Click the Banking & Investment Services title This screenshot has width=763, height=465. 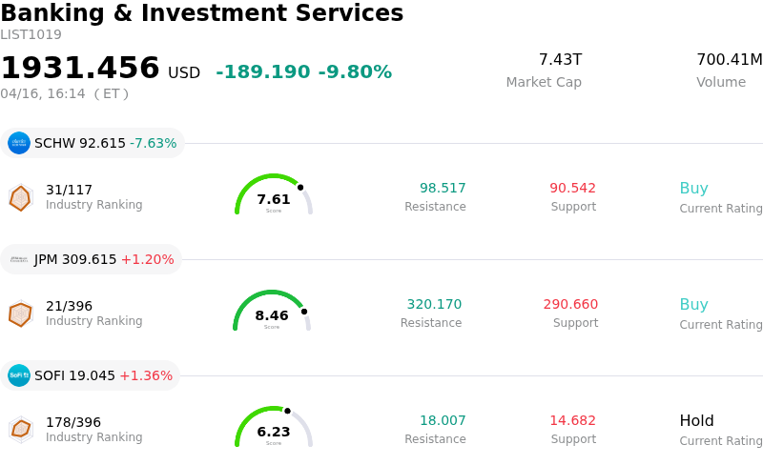pyautogui.click(x=202, y=13)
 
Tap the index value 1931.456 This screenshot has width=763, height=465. pyautogui.click(x=80, y=69)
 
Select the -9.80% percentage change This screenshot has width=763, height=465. pyautogui.click(x=355, y=72)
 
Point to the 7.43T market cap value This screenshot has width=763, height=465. pyautogui.click(x=560, y=60)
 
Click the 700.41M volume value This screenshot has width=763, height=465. pyautogui.click(x=729, y=60)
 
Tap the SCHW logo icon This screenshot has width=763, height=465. pyautogui.click(x=19, y=143)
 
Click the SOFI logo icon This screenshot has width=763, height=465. pyautogui.click(x=19, y=375)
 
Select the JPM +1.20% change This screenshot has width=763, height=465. pyautogui.click(x=148, y=259)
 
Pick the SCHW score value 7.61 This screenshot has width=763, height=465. pyautogui.click(x=274, y=199)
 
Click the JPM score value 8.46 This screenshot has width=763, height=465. pyautogui.click(x=272, y=315)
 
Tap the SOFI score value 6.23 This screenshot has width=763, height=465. pyautogui.click(x=274, y=432)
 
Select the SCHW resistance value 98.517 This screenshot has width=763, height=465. pyautogui.click(x=443, y=189)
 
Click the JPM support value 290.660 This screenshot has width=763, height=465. pyautogui.click(x=570, y=305)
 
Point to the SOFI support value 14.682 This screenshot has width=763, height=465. pyautogui.click(x=572, y=421)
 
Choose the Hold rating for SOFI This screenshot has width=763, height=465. pyautogui.click(x=696, y=421)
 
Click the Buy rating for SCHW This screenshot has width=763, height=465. pyautogui.click(x=693, y=189)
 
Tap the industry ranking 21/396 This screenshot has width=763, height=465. pyautogui.click(x=69, y=306)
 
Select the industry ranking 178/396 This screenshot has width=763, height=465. pyautogui.click(x=73, y=422)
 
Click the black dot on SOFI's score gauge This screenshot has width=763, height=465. pyautogui.click(x=287, y=411)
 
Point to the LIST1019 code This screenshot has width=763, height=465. pyautogui.click(x=31, y=35)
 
